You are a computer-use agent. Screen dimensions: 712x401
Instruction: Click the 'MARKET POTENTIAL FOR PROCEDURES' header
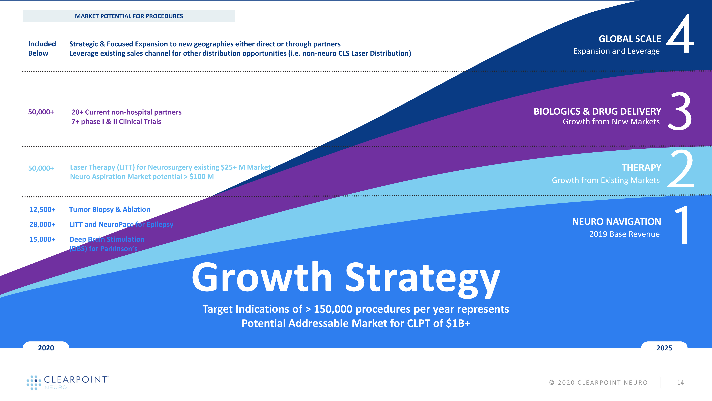point(129,16)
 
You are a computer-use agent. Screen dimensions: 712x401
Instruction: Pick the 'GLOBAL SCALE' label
point(630,39)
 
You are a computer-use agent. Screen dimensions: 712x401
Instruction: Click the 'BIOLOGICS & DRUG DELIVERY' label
point(597,111)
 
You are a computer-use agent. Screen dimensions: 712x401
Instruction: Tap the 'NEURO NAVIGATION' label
point(616,222)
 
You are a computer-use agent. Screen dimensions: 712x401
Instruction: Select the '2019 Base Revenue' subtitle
point(624,234)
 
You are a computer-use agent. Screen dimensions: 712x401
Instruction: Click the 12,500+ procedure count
point(43,209)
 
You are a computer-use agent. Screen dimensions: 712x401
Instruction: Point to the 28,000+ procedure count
point(42,224)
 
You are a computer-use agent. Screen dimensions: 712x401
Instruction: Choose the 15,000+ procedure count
point(42,239)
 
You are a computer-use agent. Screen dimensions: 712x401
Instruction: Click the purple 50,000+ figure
point(41,112)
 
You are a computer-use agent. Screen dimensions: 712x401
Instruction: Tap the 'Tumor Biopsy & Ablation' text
point(110,209)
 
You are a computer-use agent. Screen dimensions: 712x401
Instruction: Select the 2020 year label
point(46,348)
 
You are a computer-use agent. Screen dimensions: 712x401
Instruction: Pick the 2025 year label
point(664,348)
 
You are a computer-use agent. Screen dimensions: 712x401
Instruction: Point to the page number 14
point(680,382)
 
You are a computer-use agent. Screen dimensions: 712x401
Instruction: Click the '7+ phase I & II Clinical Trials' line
point(116,122)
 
